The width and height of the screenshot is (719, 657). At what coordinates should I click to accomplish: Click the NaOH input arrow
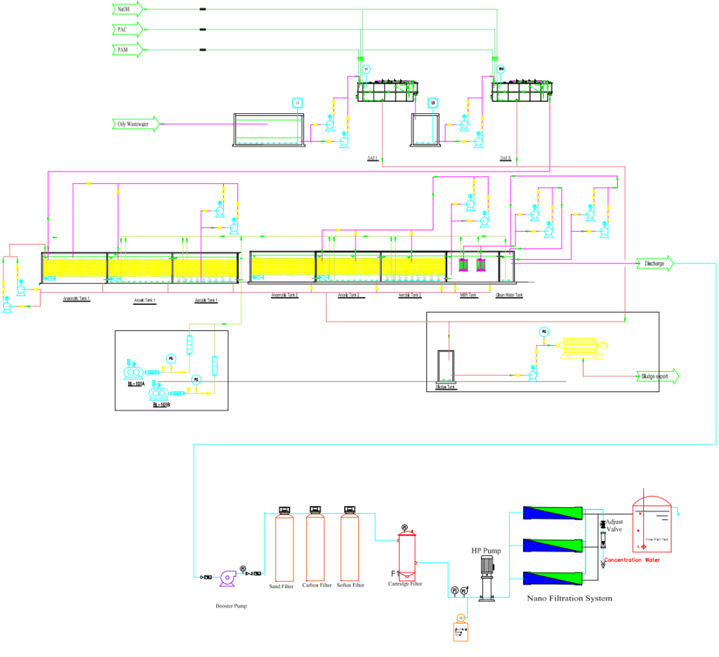pos(127,9)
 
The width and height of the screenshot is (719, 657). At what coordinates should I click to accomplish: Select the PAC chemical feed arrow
pos(127,30)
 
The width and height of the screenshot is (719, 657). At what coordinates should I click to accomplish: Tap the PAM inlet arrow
pos(127,50)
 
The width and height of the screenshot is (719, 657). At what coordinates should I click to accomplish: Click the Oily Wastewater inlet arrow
pos(135,124)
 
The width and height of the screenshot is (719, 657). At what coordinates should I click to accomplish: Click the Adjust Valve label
pos(614,526)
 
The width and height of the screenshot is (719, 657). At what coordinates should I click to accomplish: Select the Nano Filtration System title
pos(569,599)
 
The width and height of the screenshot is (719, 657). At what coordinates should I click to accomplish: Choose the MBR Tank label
pos(468,296)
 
